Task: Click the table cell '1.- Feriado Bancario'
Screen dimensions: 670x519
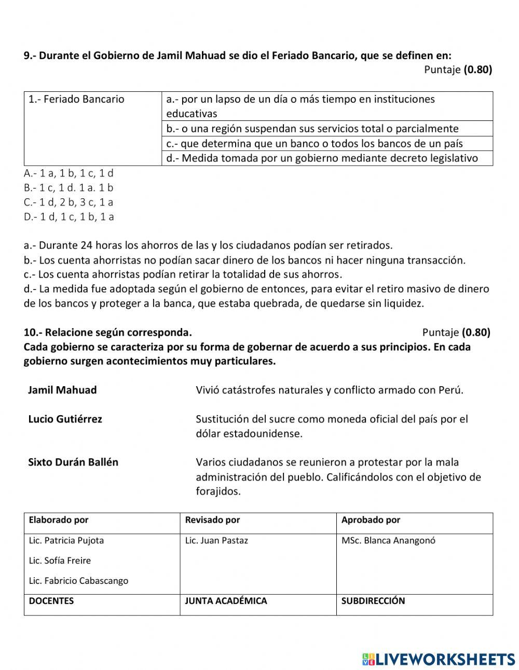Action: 76,99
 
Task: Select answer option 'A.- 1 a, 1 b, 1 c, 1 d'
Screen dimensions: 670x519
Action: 69,173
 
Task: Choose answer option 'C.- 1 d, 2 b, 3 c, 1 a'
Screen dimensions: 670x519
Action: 69,202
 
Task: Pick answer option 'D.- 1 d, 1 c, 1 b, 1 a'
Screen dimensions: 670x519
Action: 69,217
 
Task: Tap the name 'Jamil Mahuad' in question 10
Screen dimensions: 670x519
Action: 62,390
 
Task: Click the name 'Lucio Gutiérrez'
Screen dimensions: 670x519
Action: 65,419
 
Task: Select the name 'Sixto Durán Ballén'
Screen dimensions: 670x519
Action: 73,462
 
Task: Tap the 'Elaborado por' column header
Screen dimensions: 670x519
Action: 59,520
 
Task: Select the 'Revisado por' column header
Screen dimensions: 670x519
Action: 212,520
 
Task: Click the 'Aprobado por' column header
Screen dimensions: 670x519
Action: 371,520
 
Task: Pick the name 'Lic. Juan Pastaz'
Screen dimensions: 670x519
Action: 216,540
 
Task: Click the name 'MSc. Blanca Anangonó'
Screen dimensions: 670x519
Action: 388,540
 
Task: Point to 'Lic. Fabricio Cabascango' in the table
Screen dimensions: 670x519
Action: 78,581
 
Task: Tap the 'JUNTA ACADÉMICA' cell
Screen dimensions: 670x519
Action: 226,601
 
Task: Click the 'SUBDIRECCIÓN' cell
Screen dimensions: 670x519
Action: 373,601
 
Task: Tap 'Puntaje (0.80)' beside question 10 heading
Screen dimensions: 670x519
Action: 456,332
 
